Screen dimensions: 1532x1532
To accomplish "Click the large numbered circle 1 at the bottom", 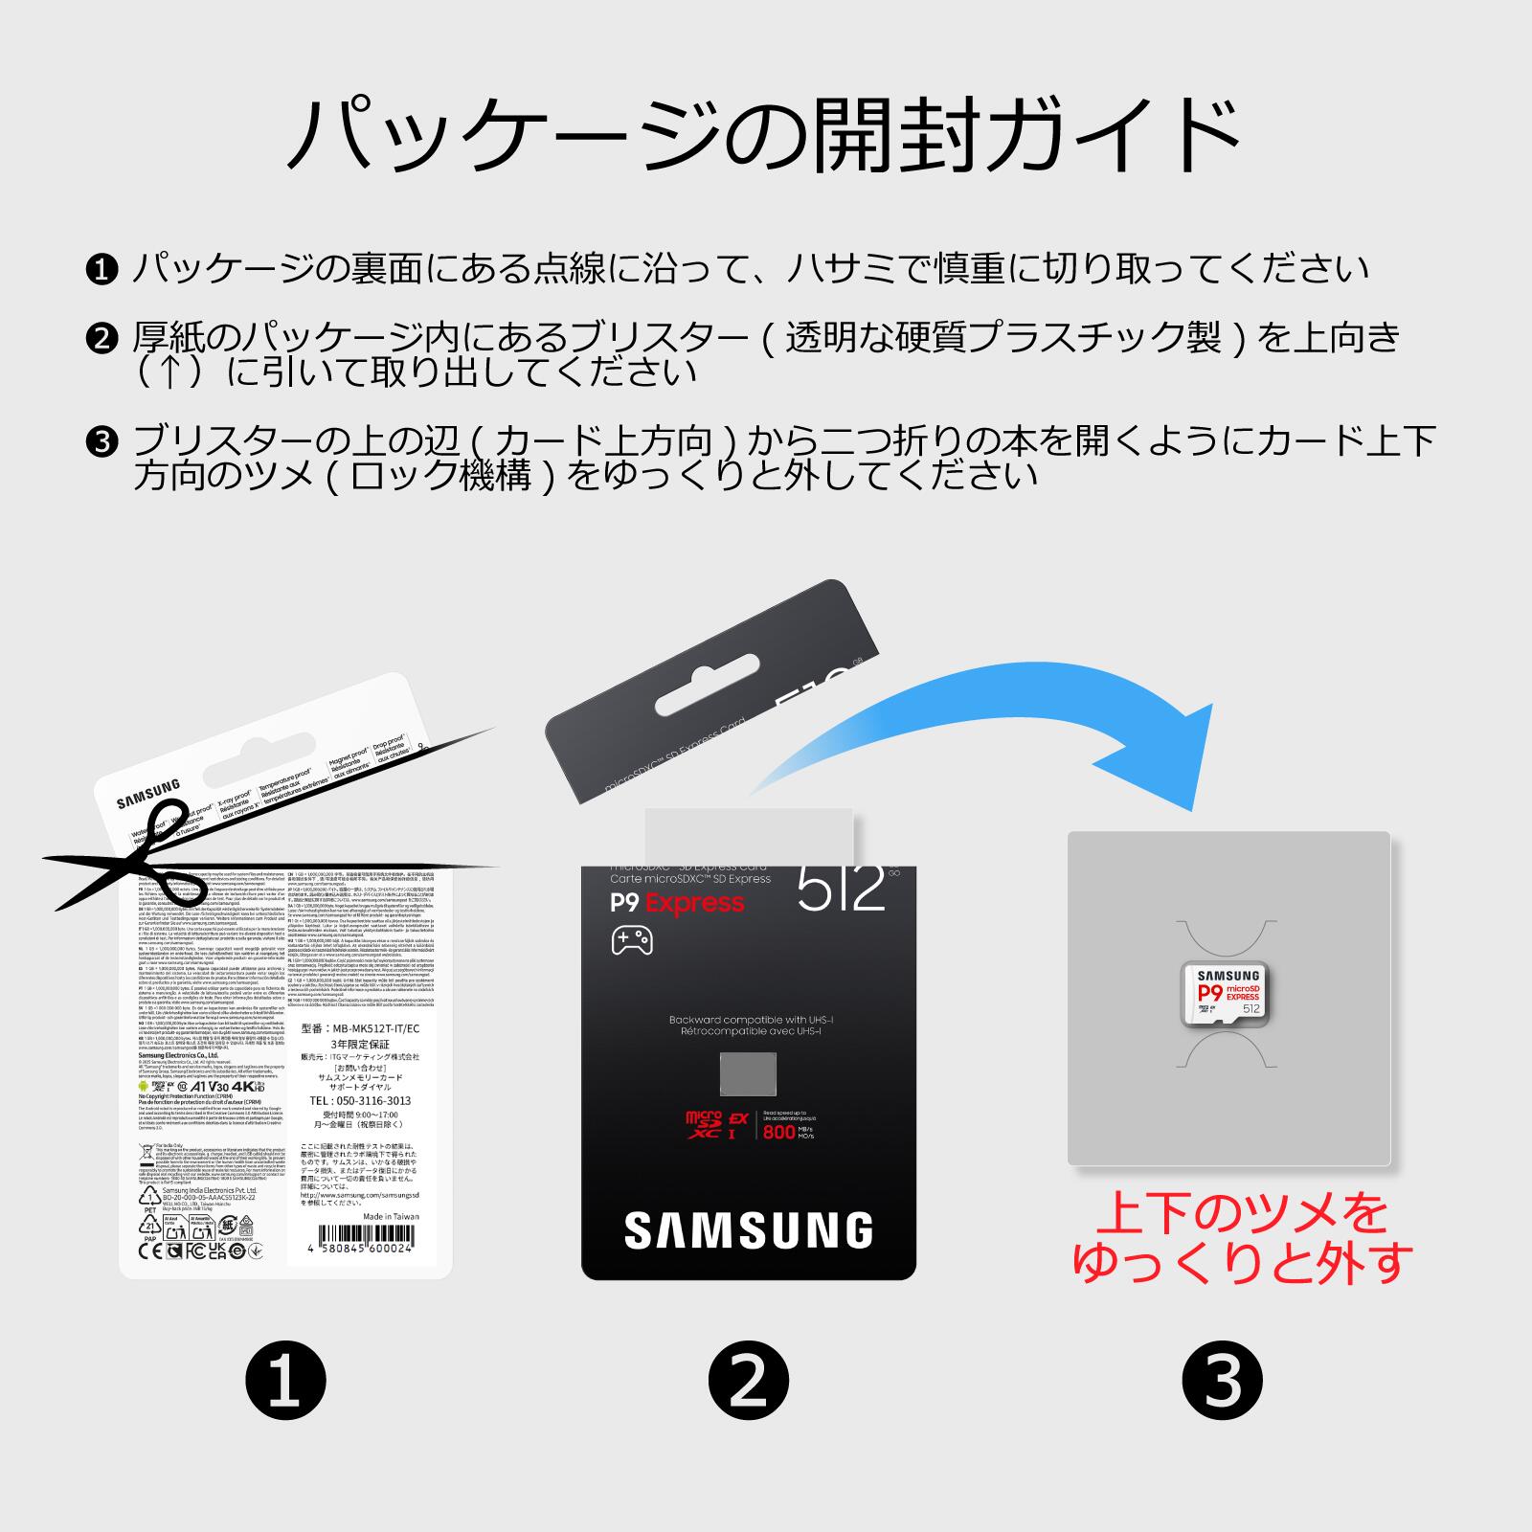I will pyautogui.click(x=285, y=1381).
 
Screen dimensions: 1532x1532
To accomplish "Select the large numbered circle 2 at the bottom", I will pyautogui.click(x=749, y=1381).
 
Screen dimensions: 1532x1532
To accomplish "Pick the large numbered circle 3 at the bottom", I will pyautogui.click(x=1223, y=1381).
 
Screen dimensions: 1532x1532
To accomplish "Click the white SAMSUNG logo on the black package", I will pyautogui.click(x=749, y=1230).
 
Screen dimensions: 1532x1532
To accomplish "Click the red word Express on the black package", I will pyautogui.click(x=694, y=903).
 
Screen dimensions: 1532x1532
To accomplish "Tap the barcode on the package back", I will pyautogui.click(x=364, y=1232).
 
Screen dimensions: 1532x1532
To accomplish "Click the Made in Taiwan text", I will pyautogui.click(x=391, y=1216).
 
